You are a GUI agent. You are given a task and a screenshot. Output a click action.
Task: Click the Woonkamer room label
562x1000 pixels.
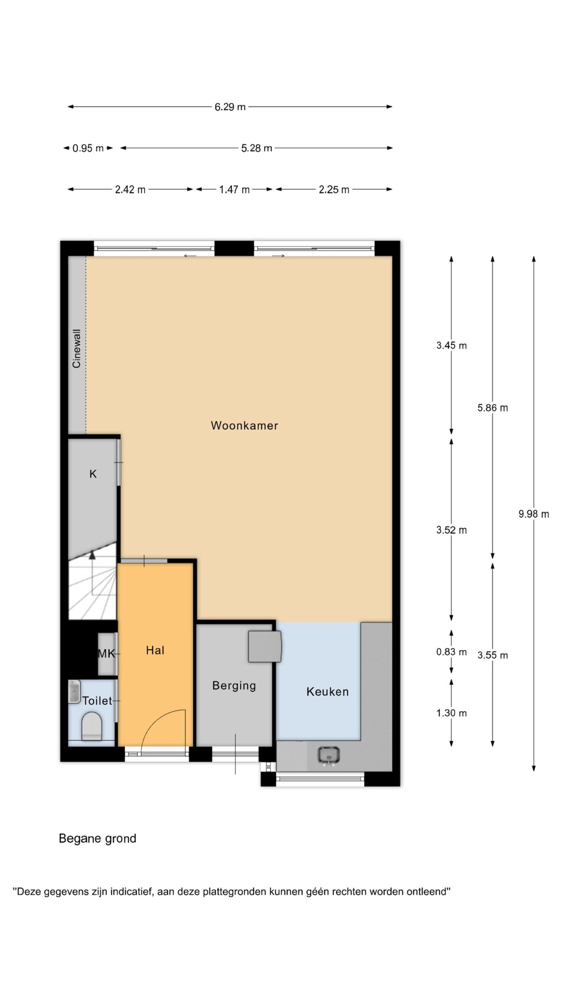244,425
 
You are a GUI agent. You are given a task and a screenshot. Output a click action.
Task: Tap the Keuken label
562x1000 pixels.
327,692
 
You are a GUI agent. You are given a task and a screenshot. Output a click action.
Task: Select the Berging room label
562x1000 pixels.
234,686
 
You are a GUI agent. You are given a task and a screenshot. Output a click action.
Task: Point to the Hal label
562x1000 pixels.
155,650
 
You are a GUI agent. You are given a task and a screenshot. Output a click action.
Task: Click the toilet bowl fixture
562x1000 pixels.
92,726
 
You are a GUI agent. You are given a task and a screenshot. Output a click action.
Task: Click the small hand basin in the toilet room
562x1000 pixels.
74,692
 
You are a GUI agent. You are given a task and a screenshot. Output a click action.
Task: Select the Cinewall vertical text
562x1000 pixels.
76,349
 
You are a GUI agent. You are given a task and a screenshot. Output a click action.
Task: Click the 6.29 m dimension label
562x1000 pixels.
230,107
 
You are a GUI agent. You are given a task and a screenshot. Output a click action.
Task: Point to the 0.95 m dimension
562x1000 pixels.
88,148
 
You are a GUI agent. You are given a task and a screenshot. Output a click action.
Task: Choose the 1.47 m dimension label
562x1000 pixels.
234,189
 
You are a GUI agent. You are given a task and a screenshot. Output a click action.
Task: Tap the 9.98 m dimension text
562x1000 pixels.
534,514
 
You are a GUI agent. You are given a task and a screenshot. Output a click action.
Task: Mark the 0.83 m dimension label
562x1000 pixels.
452,652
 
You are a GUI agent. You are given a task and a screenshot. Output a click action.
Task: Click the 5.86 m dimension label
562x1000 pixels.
493,408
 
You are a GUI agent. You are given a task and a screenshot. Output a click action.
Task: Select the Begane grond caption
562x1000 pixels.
98,839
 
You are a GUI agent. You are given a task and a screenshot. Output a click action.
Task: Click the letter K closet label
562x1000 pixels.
93,474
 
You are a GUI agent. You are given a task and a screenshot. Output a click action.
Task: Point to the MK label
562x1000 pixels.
106,654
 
